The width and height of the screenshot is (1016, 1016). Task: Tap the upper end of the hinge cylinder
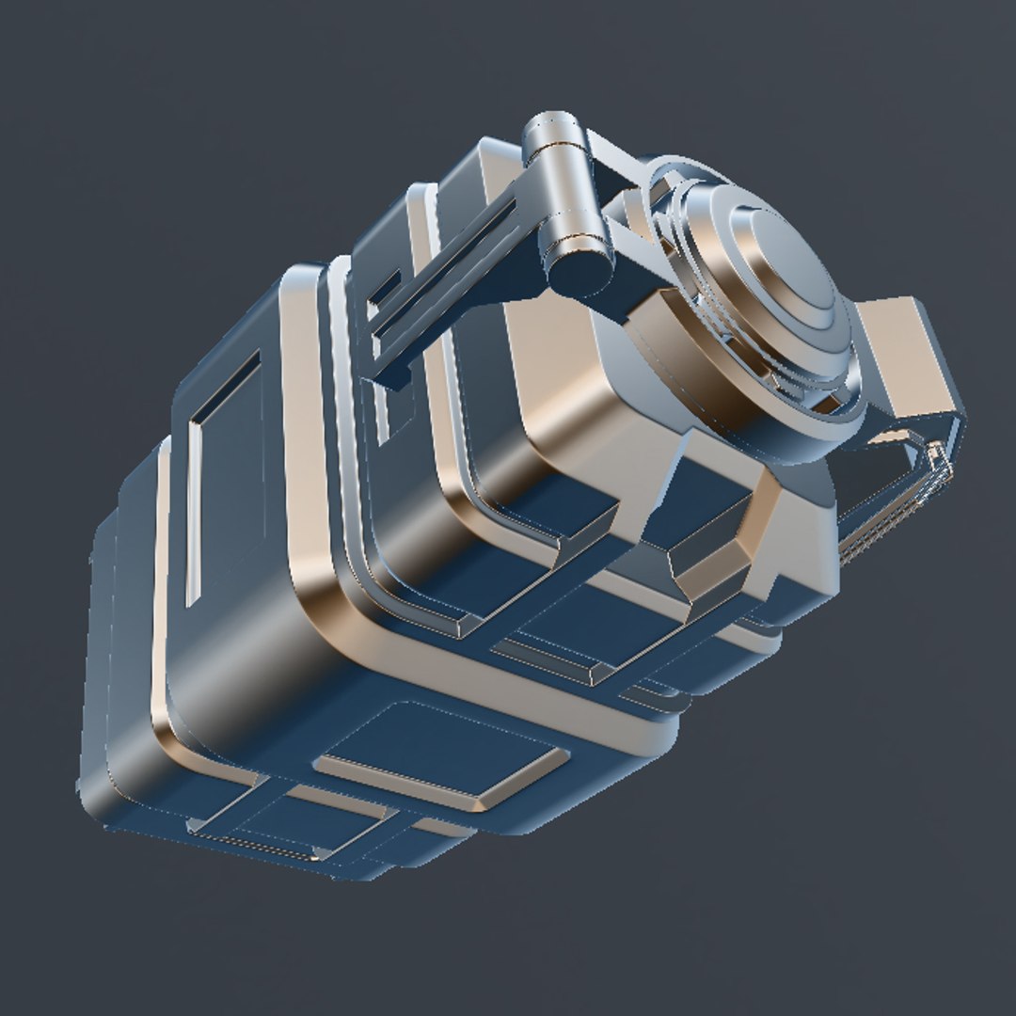[556, 133]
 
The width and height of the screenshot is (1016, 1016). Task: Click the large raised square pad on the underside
[442, 753]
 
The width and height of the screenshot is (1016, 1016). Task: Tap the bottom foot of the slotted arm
[390, 376]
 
